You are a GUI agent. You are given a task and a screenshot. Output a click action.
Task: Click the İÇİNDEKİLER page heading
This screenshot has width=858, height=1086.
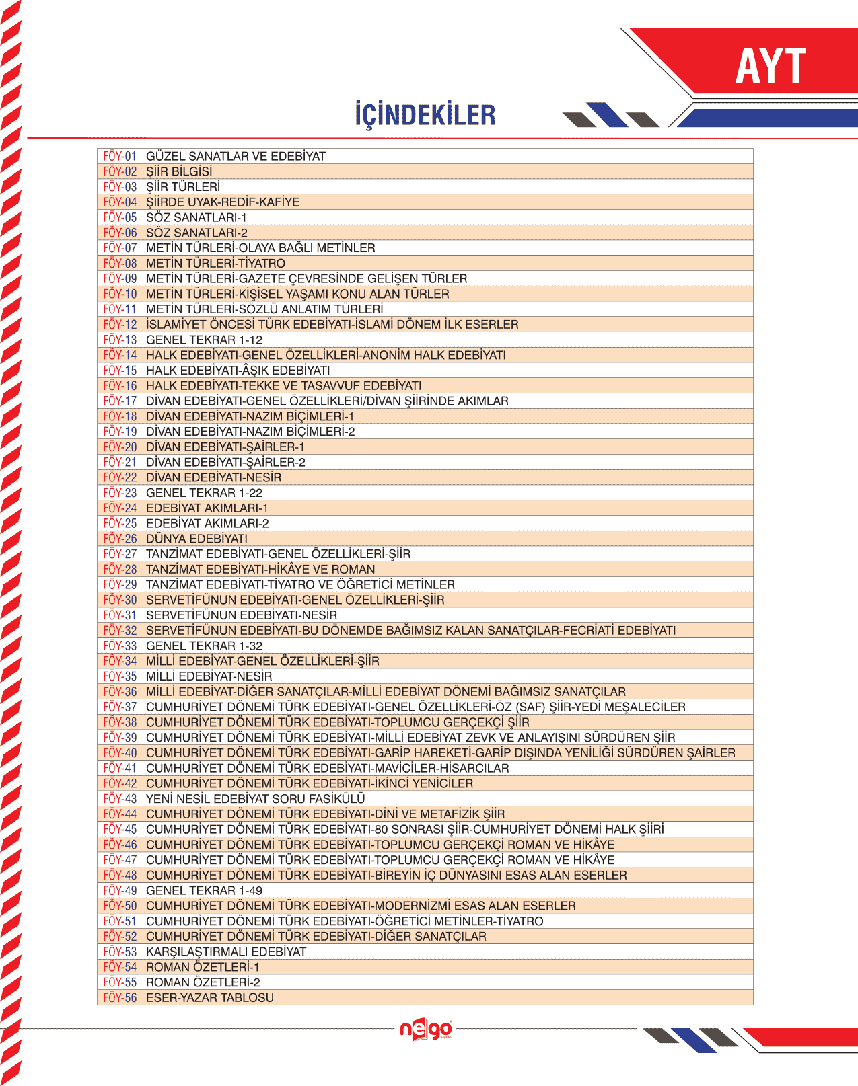[x=425, y=115]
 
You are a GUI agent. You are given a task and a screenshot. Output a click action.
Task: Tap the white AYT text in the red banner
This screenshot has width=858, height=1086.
[x=771, y=67]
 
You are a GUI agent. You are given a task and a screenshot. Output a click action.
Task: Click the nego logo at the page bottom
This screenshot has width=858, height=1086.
[x=426, y=1030]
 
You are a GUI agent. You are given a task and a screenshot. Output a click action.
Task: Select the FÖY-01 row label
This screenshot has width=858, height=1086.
[x=120, y=156]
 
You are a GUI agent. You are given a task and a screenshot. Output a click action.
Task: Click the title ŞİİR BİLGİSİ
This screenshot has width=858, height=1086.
[x=179, y=171]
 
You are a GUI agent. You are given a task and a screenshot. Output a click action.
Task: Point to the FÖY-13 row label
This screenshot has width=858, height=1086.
[x=120, y=340]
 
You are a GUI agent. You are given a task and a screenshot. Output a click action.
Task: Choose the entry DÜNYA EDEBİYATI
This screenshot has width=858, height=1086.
[x=196, y=539]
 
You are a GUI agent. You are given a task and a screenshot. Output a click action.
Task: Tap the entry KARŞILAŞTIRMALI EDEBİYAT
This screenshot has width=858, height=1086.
[x=226, y=952]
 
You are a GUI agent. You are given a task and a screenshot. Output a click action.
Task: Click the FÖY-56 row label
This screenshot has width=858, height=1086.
[x=120, y=997]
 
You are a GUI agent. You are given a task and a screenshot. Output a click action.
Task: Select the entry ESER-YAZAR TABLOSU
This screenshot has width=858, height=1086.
[x=210, y=997]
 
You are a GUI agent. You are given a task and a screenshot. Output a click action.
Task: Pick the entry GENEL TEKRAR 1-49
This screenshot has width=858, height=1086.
[x=204, y=890]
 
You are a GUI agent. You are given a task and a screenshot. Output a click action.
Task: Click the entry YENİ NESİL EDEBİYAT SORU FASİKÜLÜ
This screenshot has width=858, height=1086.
[x=256, y=798]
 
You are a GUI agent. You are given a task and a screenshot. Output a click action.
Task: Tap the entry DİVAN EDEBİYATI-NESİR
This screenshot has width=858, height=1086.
[x=214, y=477]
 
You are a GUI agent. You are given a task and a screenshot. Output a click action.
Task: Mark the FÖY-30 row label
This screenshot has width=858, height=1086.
[x=120, y=600]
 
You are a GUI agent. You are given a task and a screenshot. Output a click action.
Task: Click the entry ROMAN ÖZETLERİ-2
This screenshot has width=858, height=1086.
[x=203, y=982]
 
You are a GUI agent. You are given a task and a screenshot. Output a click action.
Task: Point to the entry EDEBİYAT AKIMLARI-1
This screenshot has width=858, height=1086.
[x=207, y=508]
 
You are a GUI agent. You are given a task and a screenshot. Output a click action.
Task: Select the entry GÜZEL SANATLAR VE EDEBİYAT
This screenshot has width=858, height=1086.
[x=236, y=156]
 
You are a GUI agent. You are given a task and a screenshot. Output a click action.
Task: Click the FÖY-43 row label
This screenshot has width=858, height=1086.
[x=120, y=798]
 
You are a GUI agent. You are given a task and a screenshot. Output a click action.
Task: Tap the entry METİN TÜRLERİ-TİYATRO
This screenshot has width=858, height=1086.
[x=215, y=263]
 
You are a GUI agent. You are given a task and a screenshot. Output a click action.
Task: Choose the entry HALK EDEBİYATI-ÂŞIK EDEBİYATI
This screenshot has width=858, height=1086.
[x=238, y=370]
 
